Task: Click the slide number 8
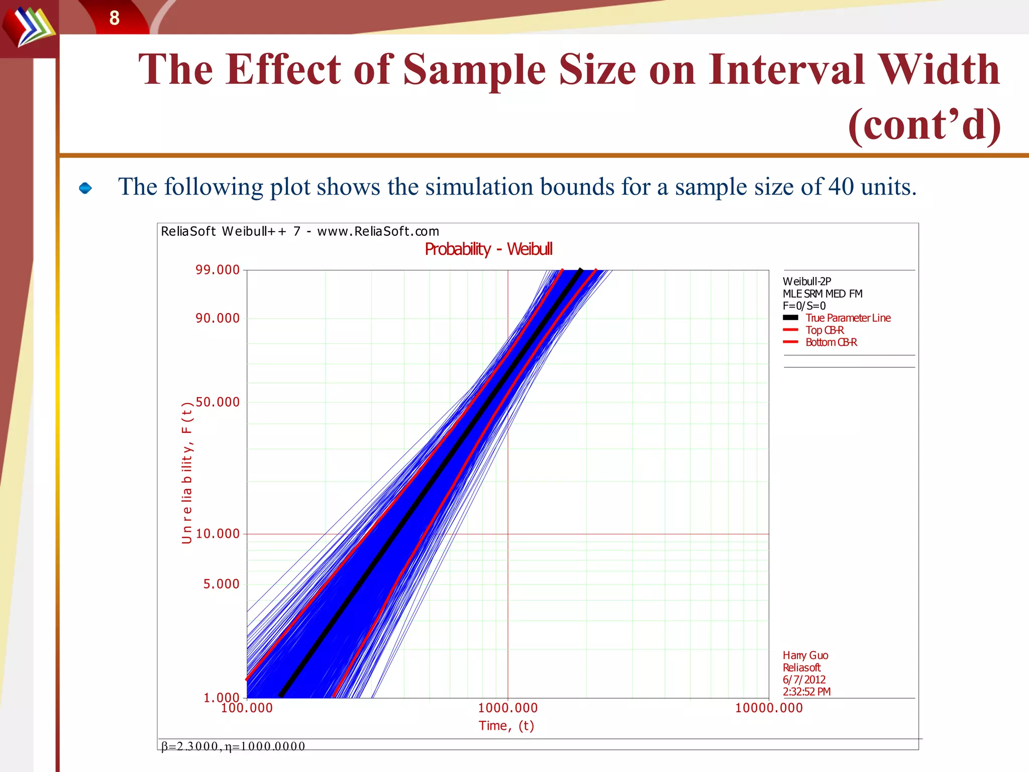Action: [x=115, y=19]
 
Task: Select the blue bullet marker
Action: [x=85, y=188]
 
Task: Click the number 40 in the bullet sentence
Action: [x=841, y=187]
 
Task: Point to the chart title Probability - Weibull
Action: [x=488, y=249]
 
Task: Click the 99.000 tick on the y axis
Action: [x=218, y=270]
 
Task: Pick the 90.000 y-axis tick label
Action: [x=218, y=318]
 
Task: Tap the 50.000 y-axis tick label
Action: [x=218, y=402]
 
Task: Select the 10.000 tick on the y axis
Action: [x=218, y=534]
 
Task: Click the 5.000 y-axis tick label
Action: [x=221, y=584]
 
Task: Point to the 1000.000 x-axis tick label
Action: [x=507, y=708]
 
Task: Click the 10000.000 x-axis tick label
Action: [x=769, y=708]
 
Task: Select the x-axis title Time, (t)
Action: [x=506, y=726]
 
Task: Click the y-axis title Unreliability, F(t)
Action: [x=187, y=472]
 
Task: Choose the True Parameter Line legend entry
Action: [x=848, y=318]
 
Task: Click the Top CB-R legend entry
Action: [x=825, y=330]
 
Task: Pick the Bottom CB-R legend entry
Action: [x=831, y=342]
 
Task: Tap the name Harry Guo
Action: [x=805, y=655]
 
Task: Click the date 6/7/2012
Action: [x=804, y=680]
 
